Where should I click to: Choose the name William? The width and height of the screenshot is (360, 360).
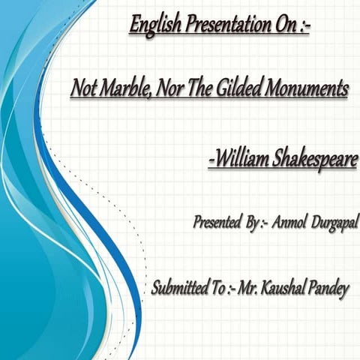click(x=242, y=159)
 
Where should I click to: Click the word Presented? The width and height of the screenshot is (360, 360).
click(x=216, y=222)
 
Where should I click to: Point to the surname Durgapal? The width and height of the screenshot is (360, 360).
click(x=332, y=223)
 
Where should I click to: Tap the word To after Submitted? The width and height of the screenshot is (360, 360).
click(x=217, y=288)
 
